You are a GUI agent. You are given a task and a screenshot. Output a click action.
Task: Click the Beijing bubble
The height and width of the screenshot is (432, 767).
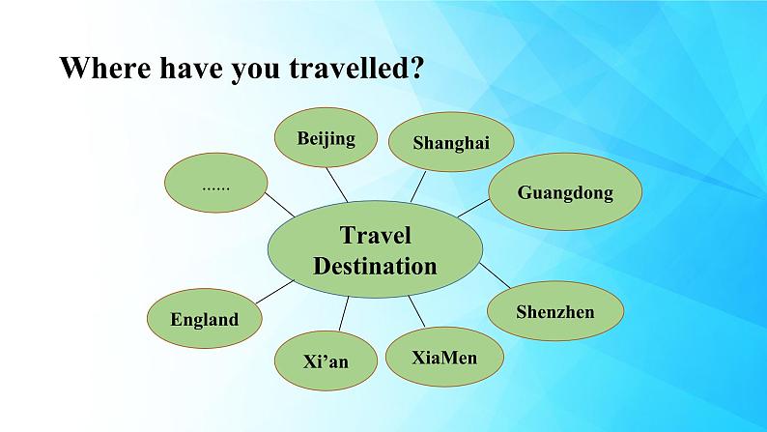click(x=326, y=137)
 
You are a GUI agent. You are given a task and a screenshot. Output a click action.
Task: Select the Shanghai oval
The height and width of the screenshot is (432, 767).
click(x=451, y=142)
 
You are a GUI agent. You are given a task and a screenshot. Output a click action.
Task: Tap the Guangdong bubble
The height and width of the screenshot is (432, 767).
click(x=565, y=191)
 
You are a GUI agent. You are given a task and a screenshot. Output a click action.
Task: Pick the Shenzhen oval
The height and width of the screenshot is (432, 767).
click(x=555, y=311)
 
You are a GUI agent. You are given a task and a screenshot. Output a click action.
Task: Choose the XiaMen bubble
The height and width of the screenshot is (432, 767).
click(x=444, y=357)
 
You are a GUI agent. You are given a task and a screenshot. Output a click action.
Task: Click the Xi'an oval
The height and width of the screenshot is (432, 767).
click(x=326, y=361)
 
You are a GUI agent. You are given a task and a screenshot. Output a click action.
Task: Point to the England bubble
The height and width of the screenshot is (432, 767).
click(x=205, y=319)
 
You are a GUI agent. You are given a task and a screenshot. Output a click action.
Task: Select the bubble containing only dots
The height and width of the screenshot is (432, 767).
click(x=215, y=183)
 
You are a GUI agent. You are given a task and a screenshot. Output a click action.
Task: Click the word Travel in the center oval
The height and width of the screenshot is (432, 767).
click(x=375, y=235)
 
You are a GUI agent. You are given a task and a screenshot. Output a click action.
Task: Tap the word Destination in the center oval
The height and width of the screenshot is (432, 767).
click(x=375, y=266)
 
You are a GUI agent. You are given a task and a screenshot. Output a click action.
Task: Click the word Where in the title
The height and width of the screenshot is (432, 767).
click(x=105, y=68)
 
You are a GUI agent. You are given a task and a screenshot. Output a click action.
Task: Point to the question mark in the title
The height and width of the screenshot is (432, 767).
click(x=415, y=68)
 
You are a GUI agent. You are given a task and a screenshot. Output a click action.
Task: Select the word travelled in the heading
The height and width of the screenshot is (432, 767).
click(x=348, y=68)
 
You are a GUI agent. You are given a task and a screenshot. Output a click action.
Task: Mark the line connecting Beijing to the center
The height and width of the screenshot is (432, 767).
click(x=337, y=185)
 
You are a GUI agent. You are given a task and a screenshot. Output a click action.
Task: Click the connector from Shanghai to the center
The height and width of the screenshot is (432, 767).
click(x=418, y=187)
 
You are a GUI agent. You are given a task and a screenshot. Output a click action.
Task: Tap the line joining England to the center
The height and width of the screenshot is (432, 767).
click(x=275, y=292)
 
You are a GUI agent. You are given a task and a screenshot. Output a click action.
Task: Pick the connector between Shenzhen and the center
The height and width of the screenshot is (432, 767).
click(x=495, y=275)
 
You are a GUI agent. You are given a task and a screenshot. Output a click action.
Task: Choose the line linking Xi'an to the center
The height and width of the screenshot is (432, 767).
click(x=344, y=313)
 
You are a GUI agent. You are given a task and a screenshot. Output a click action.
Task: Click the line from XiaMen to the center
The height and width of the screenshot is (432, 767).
click(x=416, y=311)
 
